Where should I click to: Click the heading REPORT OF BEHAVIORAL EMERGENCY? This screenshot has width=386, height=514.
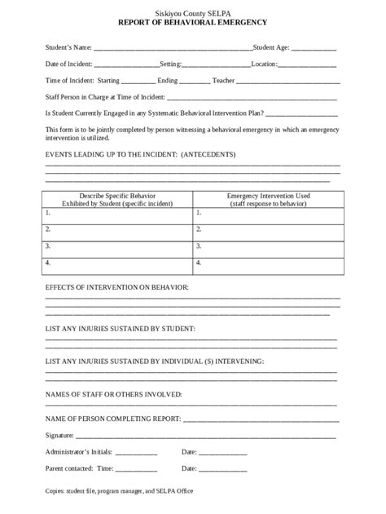coord(192,24)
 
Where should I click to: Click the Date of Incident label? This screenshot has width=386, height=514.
coord(69,64)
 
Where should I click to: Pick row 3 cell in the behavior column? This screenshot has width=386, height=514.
coord(117,246)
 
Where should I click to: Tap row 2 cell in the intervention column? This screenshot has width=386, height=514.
coord(268,229)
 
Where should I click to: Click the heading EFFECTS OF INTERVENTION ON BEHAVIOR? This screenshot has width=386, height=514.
coord(117,288)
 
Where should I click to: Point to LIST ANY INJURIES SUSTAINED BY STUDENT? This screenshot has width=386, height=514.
coord(121,328)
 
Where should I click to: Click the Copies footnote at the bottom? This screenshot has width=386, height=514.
coord(119,491)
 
